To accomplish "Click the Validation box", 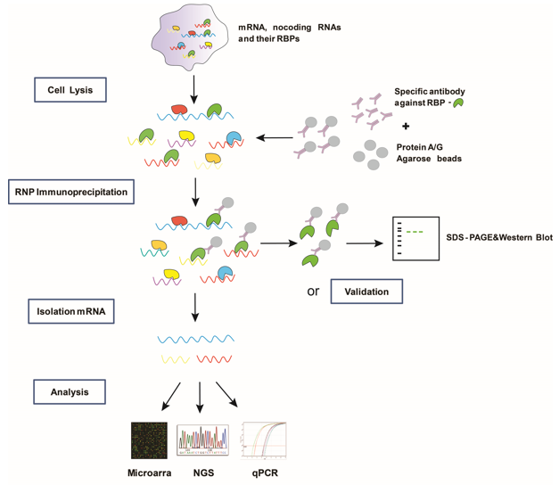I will tap(366, 292).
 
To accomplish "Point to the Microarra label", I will tap(149, 472).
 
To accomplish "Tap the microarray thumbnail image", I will tap(149, 440).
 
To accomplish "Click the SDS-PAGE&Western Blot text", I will tap(498, 238).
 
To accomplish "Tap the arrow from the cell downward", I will tap(195, 87).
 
